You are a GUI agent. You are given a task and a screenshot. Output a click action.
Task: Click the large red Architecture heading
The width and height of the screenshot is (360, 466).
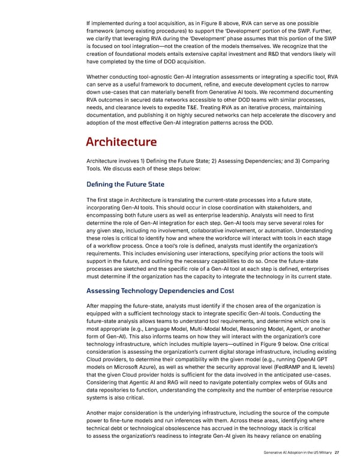pyautogui.click(x=122, y=142)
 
